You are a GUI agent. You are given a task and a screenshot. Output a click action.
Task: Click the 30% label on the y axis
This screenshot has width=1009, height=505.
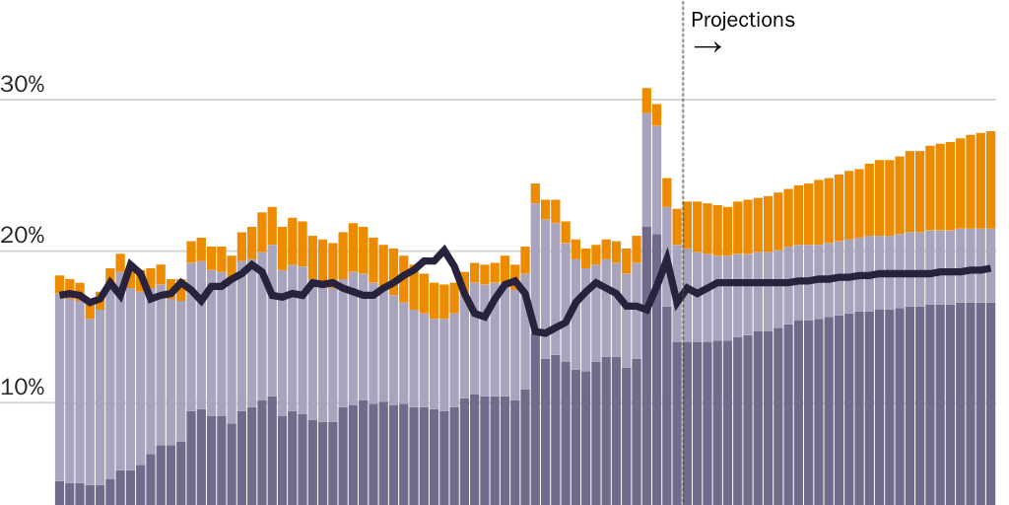pyautogui.click(x=23, y=85)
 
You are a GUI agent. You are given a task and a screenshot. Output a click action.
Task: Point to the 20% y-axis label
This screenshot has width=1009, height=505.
pyautogui.click(x=23, y=237)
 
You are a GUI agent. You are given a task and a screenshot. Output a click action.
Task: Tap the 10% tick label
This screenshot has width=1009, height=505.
pyautogui.click(x=23, y=388)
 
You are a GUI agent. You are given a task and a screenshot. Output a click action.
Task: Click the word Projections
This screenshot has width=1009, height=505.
pyautogui.click(x=742, y=20)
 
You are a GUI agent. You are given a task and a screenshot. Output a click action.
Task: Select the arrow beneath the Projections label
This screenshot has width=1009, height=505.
pyautogui.click(x=707, y=47)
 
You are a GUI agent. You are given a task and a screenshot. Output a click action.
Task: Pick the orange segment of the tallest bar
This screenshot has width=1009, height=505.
pyautogui.click(x=646, y=100)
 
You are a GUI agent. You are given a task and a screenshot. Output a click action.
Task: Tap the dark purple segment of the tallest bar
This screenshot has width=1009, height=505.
pyautogui.click(x=646, y=365)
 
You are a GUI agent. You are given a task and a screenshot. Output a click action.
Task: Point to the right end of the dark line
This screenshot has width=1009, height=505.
pyautogui.click(x=988, y=268)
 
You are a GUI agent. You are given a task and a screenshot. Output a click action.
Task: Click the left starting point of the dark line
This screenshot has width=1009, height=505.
pyautogui.click(x=61, y=294)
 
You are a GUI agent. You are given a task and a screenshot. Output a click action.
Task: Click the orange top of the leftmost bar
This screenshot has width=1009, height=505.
pyautogui.click(x=59, y=283)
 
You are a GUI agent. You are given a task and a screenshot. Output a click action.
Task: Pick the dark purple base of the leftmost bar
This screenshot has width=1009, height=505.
pyautogui.click(x=59, y=492)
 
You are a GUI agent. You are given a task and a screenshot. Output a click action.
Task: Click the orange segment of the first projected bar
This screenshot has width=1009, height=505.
pyautogui.click(x=688, y=226)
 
